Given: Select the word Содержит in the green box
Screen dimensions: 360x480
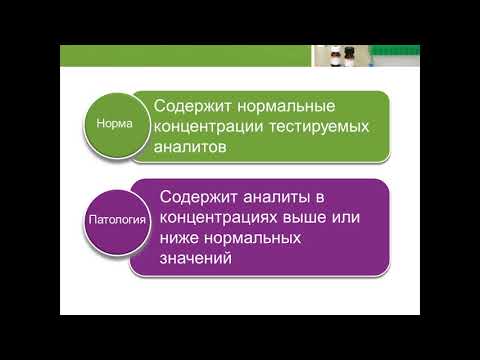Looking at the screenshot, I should pos(193,106).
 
